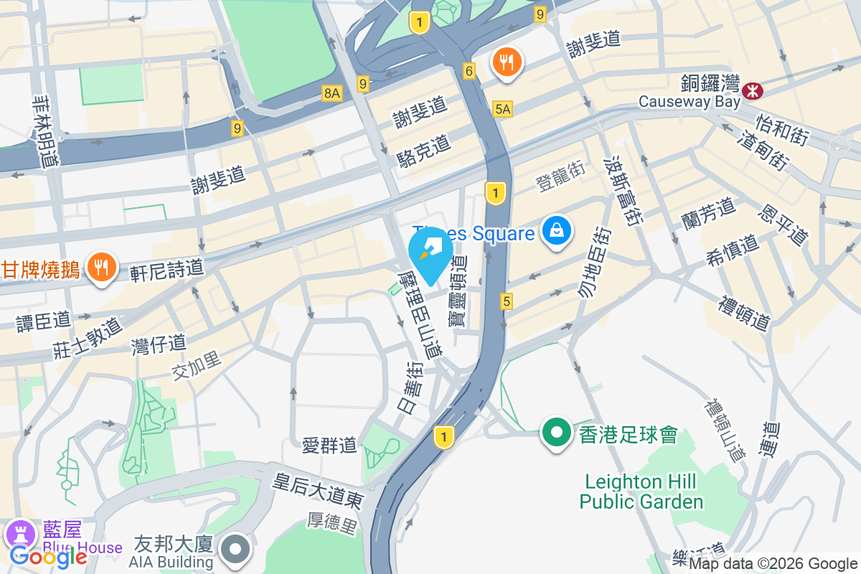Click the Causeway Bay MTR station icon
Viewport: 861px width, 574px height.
[753, 90]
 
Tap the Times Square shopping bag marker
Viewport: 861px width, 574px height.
[557, 231]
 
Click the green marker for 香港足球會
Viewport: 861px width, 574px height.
[556, 433]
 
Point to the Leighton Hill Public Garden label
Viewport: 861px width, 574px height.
[641, 491]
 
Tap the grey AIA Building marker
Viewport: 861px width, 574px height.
[235, 549]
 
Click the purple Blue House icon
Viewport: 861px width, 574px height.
[19, 533]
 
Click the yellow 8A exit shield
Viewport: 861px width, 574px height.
[331, 93]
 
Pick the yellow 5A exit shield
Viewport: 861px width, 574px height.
[503, 108]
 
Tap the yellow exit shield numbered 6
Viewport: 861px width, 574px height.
[469, 70]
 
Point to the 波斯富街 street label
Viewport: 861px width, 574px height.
[621, 189]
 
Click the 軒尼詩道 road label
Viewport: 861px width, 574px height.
[167, 269]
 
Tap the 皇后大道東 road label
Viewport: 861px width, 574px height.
[318, 491]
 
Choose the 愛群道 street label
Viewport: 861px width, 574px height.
[329, 445]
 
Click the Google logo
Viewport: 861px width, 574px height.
[49, 555]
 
